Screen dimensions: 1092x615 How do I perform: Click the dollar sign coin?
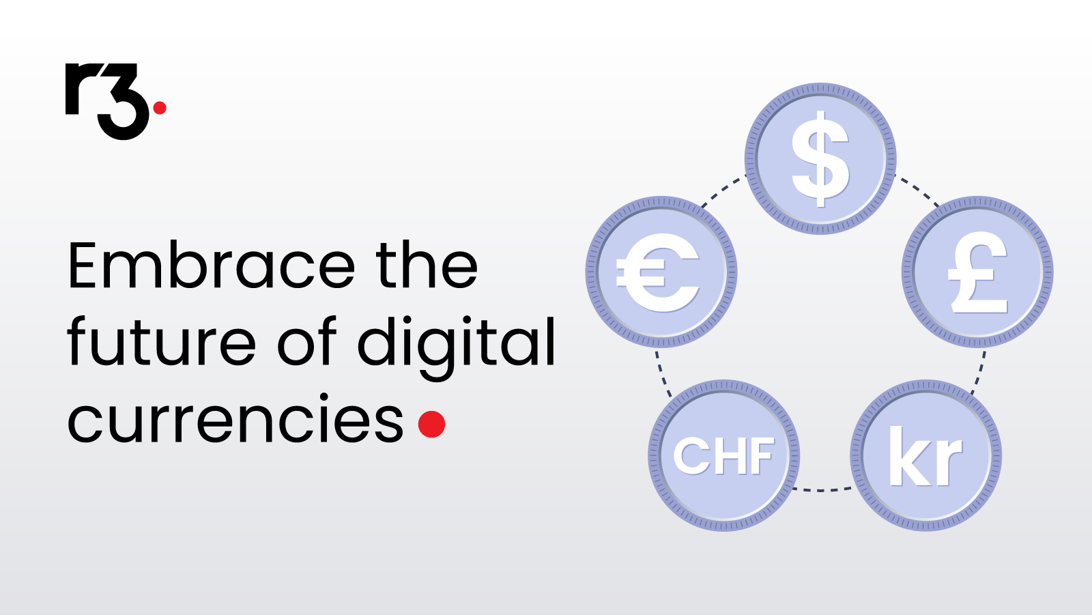[x=820, y=158]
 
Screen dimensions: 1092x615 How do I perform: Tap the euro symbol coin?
[x=661, y=272]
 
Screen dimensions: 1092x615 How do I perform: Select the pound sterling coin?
[x=977, y=272]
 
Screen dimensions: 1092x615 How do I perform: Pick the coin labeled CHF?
[x=724, y=455]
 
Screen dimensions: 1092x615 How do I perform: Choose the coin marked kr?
[x=925, y=455]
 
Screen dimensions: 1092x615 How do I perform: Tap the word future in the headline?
[x=161, y=341]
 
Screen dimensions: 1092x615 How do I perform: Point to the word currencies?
[x=235, y=418]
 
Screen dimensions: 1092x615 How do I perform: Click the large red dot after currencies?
[x=431, y=424]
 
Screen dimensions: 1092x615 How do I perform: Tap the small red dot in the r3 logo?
[x=160, y=107]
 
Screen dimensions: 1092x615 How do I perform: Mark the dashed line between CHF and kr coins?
[x=822, y=489]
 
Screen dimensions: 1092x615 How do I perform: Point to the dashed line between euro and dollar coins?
[x=723, y=190]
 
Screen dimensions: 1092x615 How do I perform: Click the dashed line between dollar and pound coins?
[x=918, y=190]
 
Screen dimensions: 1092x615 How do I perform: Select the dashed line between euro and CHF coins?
[x=663, y=373]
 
